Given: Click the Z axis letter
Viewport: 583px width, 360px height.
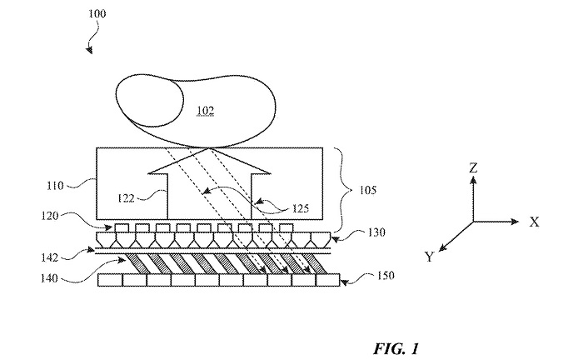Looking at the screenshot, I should [x=473, y=168].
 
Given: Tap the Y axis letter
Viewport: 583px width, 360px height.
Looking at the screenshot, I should [x=429, y=257].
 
